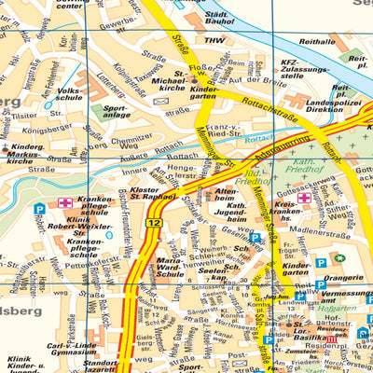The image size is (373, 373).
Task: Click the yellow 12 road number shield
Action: (x=154, y=224)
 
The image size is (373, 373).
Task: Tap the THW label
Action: (x=214, y=41)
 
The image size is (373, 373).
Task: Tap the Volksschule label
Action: (x=71, y=97)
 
